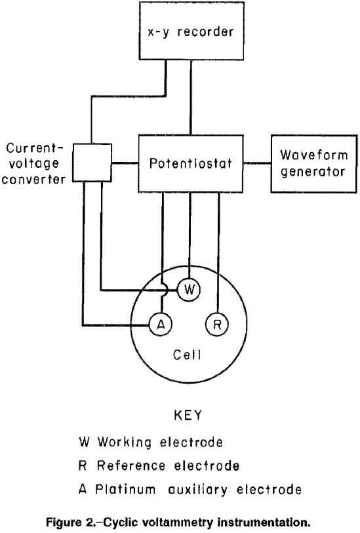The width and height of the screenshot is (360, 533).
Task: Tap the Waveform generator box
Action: pos(311,164)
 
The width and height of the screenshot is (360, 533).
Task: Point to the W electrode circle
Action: pos(188,290)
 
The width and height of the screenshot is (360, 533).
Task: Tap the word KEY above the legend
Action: pos(188,416)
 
